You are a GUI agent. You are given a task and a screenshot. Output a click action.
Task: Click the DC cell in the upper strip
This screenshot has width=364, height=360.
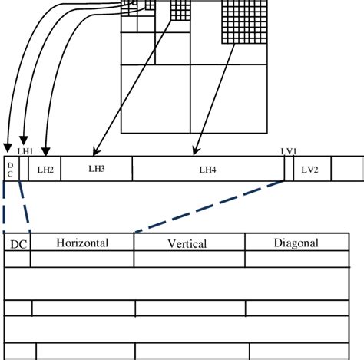coord(10,168)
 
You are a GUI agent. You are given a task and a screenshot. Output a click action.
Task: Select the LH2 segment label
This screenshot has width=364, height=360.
coord(45,169)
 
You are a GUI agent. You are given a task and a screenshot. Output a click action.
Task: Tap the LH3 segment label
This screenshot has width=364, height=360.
coord(96,168)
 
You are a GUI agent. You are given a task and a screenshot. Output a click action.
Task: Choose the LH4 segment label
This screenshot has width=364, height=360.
coord(207,169)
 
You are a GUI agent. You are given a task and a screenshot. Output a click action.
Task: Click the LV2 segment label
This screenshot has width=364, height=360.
coord(310,169)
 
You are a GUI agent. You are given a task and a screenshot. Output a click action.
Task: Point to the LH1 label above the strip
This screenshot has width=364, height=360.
coord(25,152)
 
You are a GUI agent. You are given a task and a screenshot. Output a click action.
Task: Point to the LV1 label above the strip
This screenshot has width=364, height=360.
coord(289,152)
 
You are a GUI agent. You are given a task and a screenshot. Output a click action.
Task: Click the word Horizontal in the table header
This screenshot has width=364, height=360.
coord(82,243)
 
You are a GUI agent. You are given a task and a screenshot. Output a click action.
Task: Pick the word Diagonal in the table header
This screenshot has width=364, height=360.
coord(296,243)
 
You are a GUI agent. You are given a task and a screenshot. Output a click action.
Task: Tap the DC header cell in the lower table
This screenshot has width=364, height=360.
coord(16,244)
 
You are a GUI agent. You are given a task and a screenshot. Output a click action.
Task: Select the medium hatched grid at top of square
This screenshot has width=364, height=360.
coord(180,11)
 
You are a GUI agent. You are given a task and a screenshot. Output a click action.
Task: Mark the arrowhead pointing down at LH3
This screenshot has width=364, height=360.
coord(95,150)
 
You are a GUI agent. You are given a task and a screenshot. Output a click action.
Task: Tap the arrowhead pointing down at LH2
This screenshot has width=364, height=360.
coord(48,150)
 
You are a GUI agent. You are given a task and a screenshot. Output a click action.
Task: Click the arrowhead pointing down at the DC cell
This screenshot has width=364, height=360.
coord(8,150)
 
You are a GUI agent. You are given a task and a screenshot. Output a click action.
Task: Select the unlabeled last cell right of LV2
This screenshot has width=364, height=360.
coord(347,169)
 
